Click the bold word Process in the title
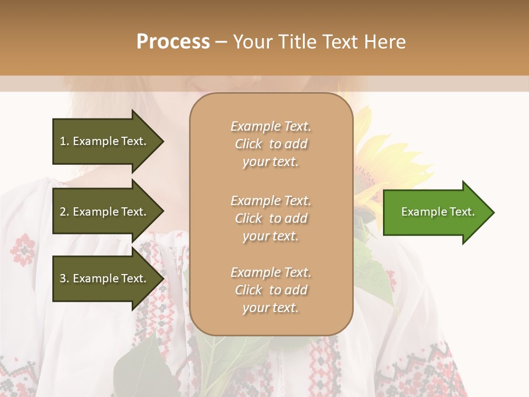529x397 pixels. [x=173, y=41]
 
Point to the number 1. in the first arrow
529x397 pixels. [x=64, y=141]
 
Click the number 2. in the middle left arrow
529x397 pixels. [x=64, y=212]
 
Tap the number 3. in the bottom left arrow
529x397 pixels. [x=64, y=278]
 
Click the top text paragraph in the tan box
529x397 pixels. [x=271, y=144]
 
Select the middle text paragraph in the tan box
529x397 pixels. [x=271, y=218]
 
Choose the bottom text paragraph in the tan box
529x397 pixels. [x=271, y=290]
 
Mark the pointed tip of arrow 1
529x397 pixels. [x=163, y=141]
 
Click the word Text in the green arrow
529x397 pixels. [x=462, y=212]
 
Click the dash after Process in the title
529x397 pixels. [x=222, y=41]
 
